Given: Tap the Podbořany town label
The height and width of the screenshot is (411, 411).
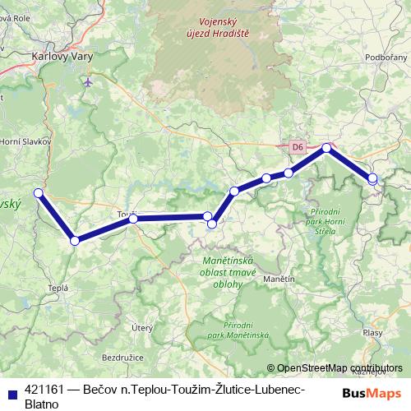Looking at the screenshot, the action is click(386, 57).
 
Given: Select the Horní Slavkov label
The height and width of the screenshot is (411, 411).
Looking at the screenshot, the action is click(26, 141).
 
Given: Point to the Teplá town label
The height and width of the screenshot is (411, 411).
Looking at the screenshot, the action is click(58, 288).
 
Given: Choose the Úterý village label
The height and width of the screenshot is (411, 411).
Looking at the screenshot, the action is click(143, 327).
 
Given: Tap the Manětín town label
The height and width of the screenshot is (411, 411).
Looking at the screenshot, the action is click(279, 279).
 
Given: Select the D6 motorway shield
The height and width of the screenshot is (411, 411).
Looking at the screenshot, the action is click(298, 146).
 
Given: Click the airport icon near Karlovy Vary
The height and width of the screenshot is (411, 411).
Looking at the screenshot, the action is click(88, 82).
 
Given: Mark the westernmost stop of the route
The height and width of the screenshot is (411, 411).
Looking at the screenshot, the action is click(38, 193).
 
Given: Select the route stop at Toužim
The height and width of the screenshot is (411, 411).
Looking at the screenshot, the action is click(133, 219).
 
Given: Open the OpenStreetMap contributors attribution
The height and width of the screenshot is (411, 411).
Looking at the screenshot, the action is click(339, 368).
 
